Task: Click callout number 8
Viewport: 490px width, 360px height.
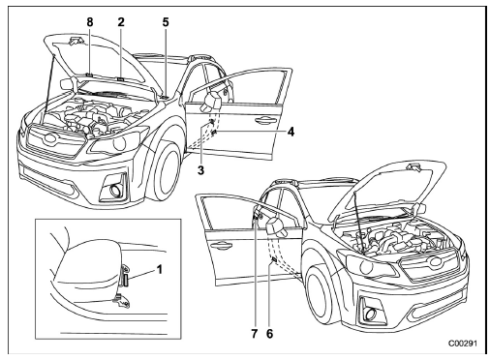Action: coord(90,22)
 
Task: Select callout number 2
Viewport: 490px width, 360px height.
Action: coord(121,22)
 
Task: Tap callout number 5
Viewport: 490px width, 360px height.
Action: coord(166,22)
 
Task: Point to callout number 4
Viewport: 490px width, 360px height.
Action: coord(291,132)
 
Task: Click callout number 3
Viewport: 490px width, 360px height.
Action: coord(200,170)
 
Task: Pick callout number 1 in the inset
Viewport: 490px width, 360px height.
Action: coord(159,269)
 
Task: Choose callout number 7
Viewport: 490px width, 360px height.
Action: coord(255,334)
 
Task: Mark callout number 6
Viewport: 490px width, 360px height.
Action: coord(269,334)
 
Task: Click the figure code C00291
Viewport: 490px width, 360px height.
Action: coord(462,344)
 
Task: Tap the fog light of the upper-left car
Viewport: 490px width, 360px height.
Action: coord(115,191)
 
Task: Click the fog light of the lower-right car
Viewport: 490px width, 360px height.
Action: coord(371,313)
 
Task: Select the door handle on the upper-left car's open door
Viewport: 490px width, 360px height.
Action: coord(262,120)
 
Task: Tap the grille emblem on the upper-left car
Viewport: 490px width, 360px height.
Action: coord(50,137)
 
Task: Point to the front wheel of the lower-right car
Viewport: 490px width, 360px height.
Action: coord(323,298)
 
